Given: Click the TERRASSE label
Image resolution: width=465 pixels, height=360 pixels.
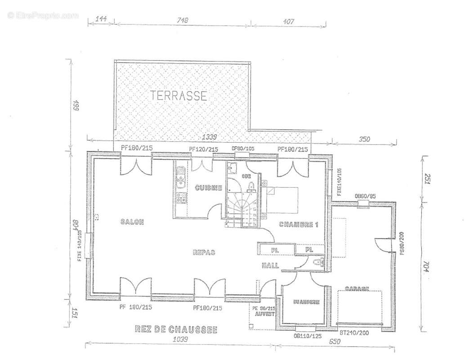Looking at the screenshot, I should pyautogui.click(x=179, y=96).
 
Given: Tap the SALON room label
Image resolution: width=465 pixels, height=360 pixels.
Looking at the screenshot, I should pyautogui.click(x=132, y=222).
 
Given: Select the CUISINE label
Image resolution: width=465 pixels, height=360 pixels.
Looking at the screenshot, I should pyautogui.click(x=208, y=188).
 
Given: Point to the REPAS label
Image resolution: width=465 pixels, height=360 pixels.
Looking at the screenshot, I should pyautogui.click(x=204, y=252).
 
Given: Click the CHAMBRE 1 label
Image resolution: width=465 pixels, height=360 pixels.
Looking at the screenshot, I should pyautogui.click(x=299, y=225).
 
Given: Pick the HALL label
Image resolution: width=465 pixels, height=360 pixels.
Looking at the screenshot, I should pyautogui.click(x=270, y=266).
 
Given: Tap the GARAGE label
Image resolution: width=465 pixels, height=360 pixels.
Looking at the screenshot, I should pyautogui.click(x=358, y=288).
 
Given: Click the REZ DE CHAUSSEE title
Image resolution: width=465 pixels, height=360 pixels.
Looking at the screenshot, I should pyautogui.click(x=176, y=330).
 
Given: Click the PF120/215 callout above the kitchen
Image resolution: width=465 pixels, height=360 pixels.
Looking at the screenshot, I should pyautogui.click(x=203, y=149).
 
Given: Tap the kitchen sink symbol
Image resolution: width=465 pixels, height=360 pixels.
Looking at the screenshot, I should pyautogui.click(x=181, y=180).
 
